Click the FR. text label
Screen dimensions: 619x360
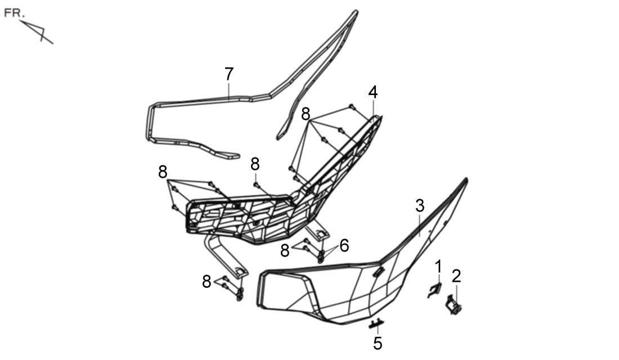pos(14,13)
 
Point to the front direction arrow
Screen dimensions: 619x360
pos(37,31)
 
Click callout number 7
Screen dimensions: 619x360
pos(229,74)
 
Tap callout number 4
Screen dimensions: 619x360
pos(373,92)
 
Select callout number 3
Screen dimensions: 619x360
pos(420,206)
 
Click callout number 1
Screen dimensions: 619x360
pos(438,267)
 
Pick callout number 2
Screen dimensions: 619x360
pos(456,276)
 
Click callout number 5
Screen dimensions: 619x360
pos(378,343)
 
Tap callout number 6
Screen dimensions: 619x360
pos(344,245)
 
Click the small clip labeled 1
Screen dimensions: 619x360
pos(434,290)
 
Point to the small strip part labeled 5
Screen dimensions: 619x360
pos(376,323)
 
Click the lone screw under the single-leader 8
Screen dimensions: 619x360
pos(256,184)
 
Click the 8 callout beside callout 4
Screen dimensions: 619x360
pos(306,115)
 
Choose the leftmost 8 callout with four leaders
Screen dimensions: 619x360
pos(163,172)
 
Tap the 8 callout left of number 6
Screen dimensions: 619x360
pos(285,251)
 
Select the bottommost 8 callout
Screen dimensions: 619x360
pos(207,282)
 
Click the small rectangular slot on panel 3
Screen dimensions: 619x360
pos(379,272)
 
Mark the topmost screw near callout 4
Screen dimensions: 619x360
pos(352,106)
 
